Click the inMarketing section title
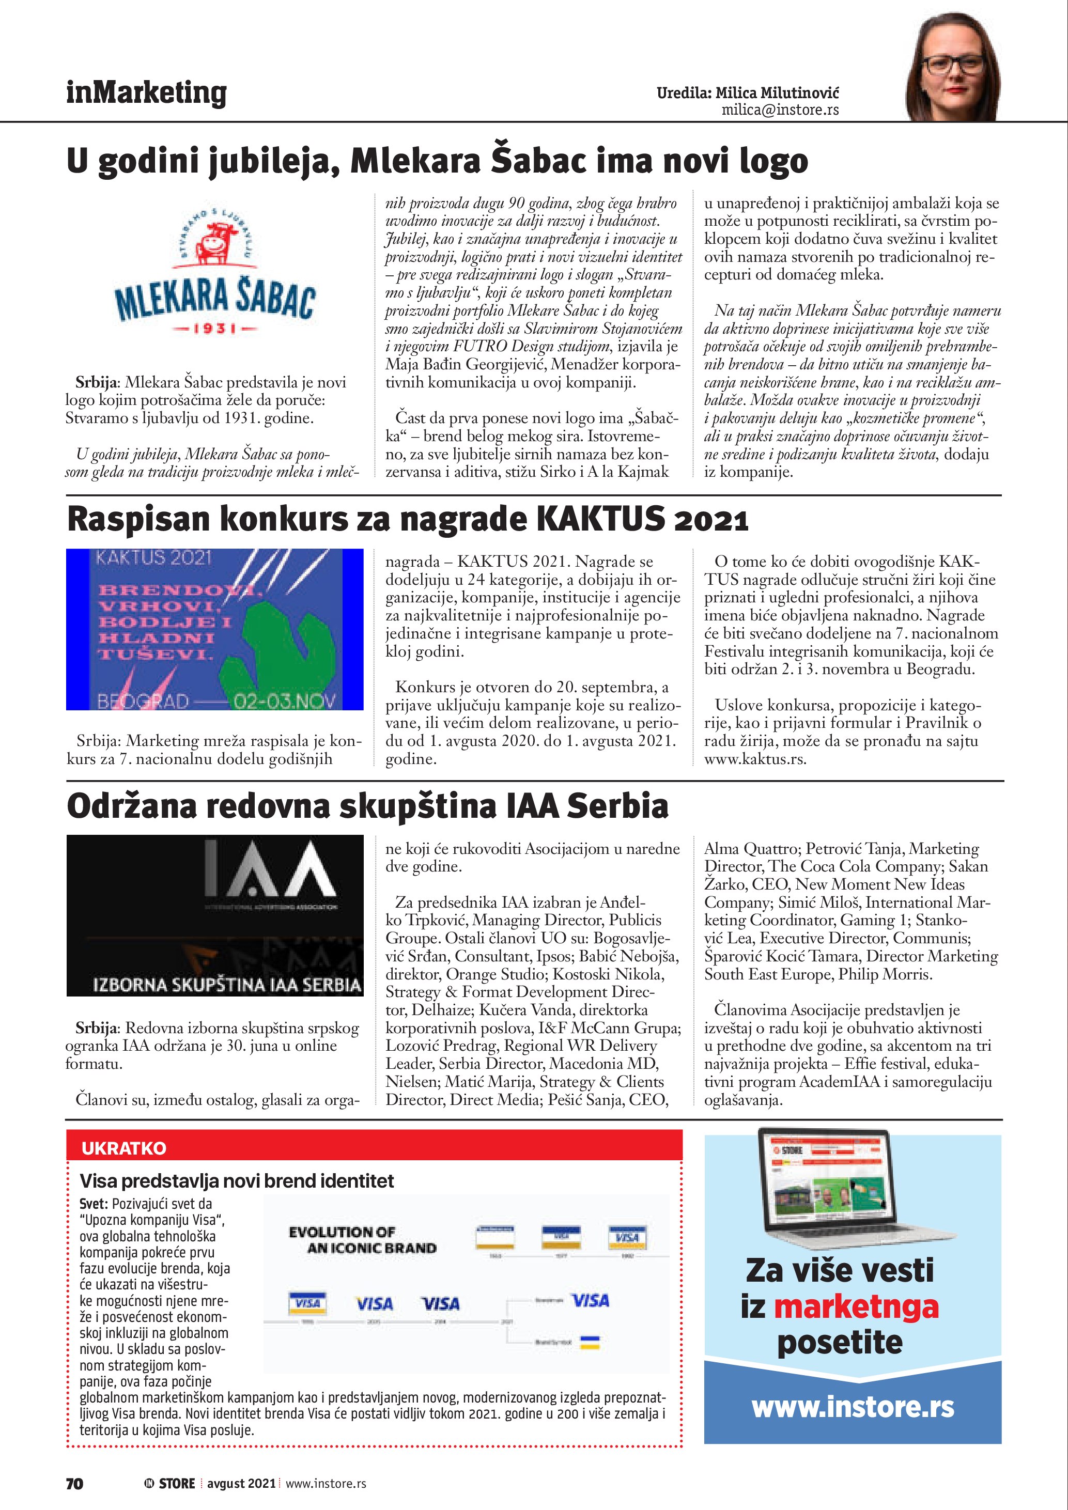click(146, 93)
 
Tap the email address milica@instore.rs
click(780, 110)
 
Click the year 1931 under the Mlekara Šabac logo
click(215, 328)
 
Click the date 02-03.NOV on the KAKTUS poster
click(284, 700)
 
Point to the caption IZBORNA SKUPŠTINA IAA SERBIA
click(227, 985)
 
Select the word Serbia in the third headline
click(617, 806)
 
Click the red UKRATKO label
click(123, 1148)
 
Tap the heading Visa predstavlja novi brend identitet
click(237, 1181)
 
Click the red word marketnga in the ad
click(856, 1307)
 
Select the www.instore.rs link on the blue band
click(853, 1407)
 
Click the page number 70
click(75, 1483)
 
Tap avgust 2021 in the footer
click(241, 1483)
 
